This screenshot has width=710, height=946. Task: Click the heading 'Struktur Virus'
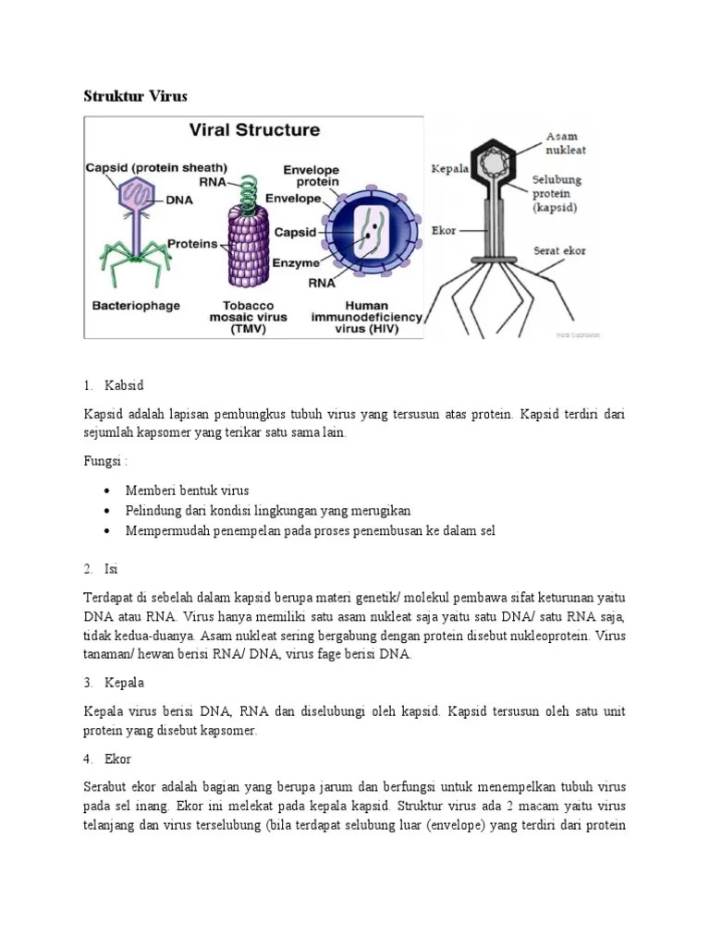click(x=136, y=96)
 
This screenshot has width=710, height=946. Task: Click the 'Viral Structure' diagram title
click(x=254, y=130)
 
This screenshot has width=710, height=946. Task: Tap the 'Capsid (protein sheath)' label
click(x=156, y=167)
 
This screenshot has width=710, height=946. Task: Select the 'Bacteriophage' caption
click(x=136, y=304)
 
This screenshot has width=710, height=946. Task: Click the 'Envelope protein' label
click(x=311, y=176)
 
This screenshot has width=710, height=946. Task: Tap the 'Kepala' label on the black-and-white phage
click(x=449, y=169)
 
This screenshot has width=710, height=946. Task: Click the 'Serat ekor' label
click(x=559, y=250)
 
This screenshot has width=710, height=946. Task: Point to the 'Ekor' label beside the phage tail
click(x=444, y=230)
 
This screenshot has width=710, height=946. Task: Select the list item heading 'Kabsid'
click(x=126, y=384)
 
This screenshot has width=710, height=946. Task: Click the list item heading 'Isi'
click(x=112, y=568)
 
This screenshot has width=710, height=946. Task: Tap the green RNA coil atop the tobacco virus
click(x=247, y=190)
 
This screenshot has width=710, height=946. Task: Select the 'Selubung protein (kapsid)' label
click(x=556, y=194)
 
